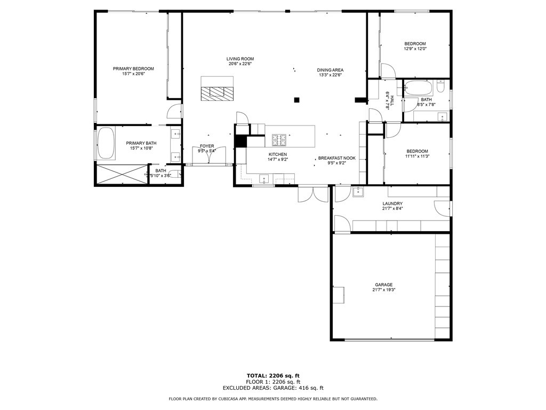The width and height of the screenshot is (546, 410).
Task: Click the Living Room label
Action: (240, 59)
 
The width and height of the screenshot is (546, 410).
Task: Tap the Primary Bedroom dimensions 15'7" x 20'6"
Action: (133, 74)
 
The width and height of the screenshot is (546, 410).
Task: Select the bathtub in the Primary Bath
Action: (106, 144)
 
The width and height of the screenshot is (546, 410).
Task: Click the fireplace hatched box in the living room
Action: (218, 93)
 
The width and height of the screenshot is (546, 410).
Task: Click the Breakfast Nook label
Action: (337, 158)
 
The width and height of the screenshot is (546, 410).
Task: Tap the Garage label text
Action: (384, 285)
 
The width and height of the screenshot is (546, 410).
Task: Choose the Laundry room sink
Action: (358, 192)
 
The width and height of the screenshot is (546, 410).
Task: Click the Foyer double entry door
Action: (209, 155)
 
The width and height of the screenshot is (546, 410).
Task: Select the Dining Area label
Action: (330, 70)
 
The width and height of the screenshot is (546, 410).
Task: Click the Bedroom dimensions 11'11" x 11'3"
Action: (417, 156)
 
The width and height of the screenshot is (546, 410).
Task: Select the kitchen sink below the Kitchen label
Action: (264, 179)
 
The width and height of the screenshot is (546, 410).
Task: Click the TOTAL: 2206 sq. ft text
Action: (273, 376)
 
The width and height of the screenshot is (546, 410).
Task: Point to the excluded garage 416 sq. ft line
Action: (273, 388)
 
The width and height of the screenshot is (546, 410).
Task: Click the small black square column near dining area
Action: (296, 100)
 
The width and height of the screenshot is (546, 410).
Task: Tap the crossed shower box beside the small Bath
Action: (122, 175)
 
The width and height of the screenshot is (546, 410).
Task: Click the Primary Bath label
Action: (141, 143)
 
